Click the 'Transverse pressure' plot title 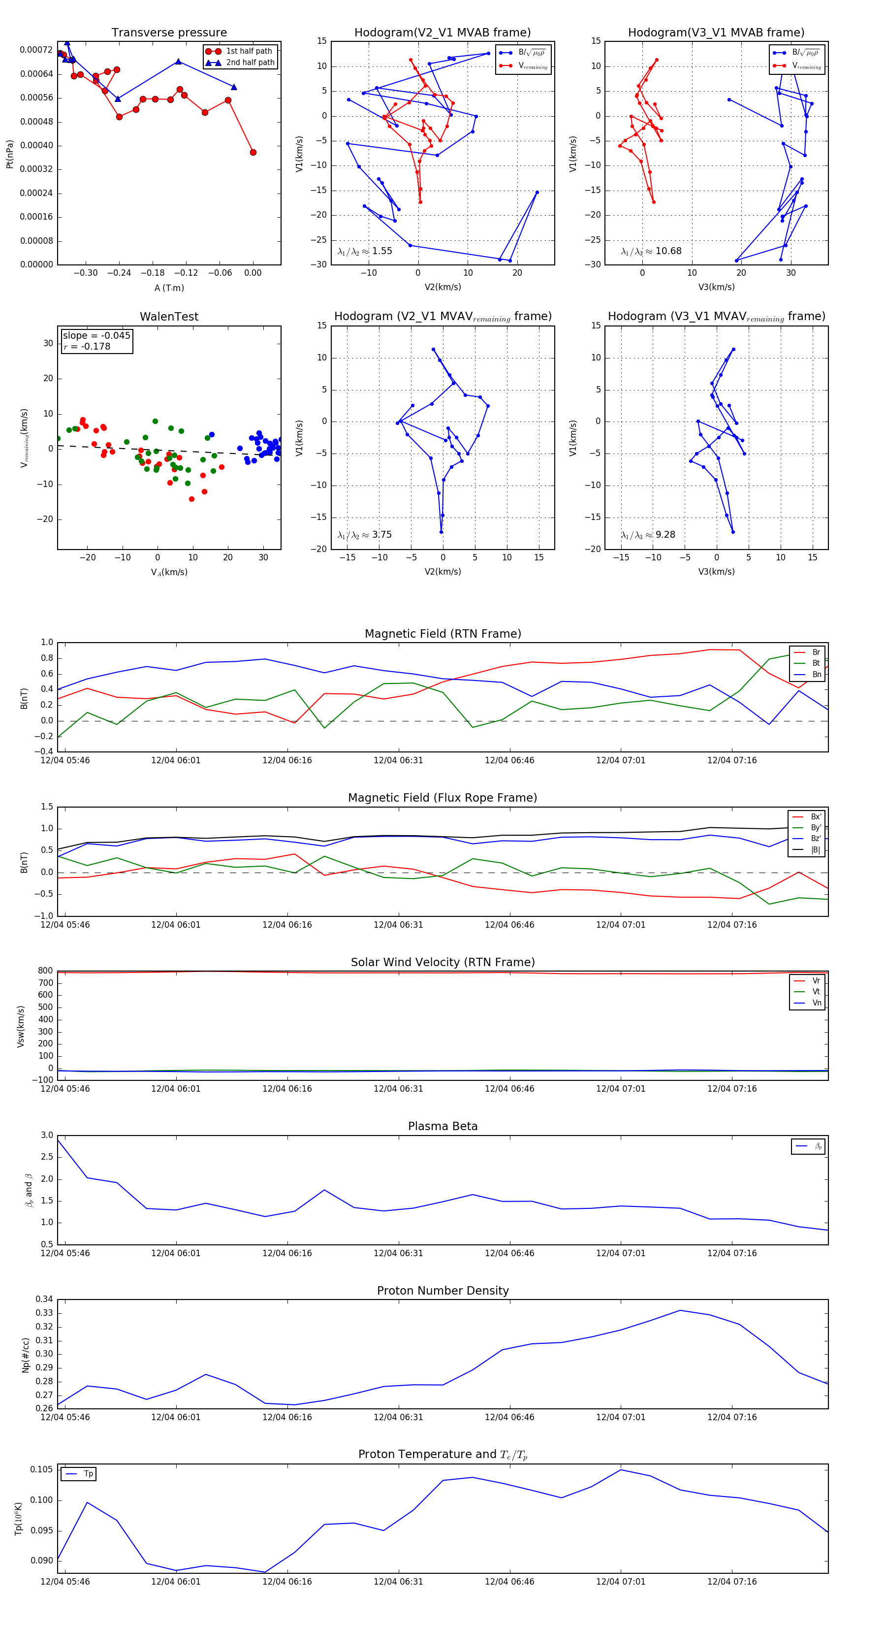(x=169, y=33)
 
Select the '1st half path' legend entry (x=249, y=51)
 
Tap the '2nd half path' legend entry (x=250, y=63)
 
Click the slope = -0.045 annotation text (x=96, y=336)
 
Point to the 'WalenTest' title (x=169, y=317)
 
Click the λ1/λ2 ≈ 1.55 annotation (x=364, y=251)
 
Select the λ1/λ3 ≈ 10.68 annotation (x=651, y=251)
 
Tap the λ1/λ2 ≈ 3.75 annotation (x=364, y=535)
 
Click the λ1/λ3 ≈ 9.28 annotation (x=648, y=535)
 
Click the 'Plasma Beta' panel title (x=443, y=1126)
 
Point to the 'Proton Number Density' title (x=443, y=1291)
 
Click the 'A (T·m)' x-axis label (x=169, y=288)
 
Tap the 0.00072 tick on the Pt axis (x=36, y=50)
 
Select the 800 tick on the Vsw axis (x=45, y=971)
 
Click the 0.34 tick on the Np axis (x=44, y=1300)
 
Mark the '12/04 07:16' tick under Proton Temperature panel (x=731, y=1582)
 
